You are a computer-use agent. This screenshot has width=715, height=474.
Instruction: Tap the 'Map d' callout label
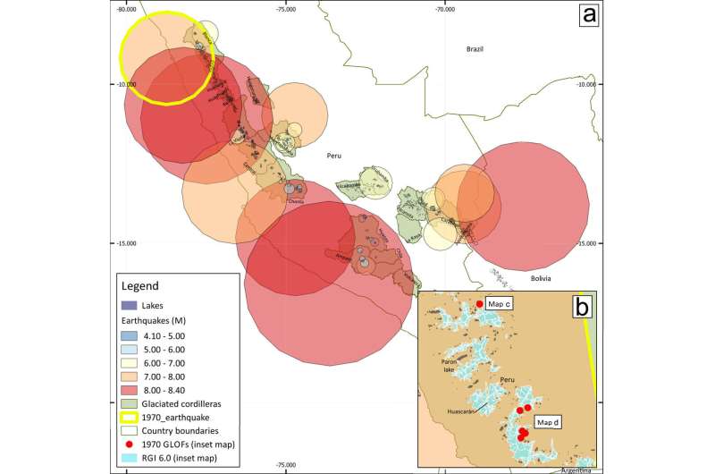click(547, 421)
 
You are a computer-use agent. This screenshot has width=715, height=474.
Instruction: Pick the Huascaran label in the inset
click(460, 412)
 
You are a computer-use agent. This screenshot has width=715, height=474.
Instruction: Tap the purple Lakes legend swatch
click(130, 305)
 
